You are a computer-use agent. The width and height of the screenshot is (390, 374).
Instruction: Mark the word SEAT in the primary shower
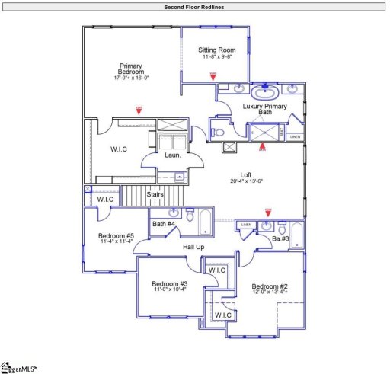tap(283, 133)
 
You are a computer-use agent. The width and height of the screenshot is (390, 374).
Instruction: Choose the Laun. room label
tap(172, 155)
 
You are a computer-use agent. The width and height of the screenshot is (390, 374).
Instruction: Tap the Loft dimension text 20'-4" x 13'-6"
tap(245, 181)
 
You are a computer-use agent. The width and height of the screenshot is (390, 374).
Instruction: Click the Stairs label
tap(155, 195)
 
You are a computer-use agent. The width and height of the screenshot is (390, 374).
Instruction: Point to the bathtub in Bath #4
tap(206, 222)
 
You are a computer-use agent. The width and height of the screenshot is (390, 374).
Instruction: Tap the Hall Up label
tap(193, 247)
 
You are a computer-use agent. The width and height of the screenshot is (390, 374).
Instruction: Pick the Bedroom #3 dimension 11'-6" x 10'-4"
tap(170, 289)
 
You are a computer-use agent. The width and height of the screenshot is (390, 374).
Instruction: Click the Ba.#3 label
tap(280, 239)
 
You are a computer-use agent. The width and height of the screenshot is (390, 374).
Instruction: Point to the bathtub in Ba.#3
tap(297, 236)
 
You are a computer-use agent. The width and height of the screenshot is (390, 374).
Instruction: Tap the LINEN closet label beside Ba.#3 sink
tap(245, 225)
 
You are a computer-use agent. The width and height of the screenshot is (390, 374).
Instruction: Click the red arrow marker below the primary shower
tap(263, 148)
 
